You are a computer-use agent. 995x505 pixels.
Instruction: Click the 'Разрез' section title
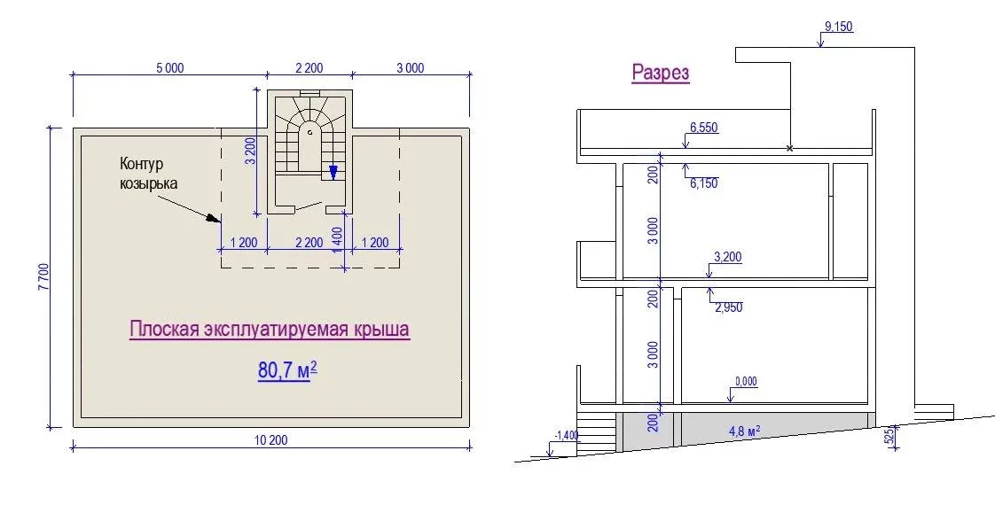(661, 73)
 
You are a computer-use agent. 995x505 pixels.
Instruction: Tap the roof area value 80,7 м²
(287, 369)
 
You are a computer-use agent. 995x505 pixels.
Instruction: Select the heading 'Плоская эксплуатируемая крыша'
(270, 330)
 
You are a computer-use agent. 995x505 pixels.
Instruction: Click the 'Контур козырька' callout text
(148, 174)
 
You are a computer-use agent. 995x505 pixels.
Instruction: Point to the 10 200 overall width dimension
(271, 439)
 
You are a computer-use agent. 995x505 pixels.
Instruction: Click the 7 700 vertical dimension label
(43, 277)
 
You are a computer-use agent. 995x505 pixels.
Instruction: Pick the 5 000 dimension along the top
(170, 68)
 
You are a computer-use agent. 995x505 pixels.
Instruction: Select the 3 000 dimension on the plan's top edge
(411, 68)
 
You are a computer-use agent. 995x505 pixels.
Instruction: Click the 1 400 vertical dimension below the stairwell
(337, 239)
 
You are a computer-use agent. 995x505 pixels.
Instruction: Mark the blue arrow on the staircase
(333, 173)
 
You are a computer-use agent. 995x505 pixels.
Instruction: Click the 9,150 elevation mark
(838, 27)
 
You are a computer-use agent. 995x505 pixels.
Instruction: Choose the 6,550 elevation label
(704, 128)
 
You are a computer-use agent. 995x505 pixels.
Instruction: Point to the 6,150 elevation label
(704, 183)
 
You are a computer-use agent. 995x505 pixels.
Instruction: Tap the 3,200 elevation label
(728, 257)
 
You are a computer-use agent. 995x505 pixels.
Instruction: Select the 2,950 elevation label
(728, 308)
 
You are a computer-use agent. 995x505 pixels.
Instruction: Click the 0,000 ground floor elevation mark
(747, 382)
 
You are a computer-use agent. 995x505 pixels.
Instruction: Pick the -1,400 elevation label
(567, 435)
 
